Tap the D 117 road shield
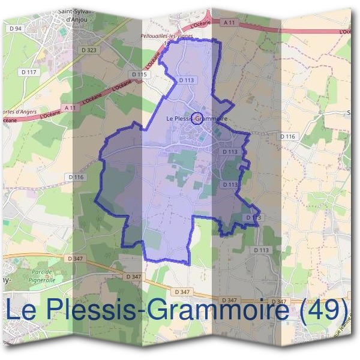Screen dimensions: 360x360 pyautogui.click(x=28, y=72)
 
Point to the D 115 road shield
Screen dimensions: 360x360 pyautogui.click(x=139, y=74)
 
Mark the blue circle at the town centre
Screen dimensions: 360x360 pyautogui.click(x=198, y=117)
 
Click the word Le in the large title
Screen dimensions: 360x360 pyautogui.click(x=24, y=310)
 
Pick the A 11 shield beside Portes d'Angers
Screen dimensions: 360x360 pyautogui.click(x=71, y=108)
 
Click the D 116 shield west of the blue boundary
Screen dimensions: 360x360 pyautogui.click(x=76, y=177)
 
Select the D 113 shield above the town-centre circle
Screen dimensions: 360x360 pyautogui.click(x=187, y=79)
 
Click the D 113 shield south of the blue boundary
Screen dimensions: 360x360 pyautogui.click(x=262, y=250)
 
